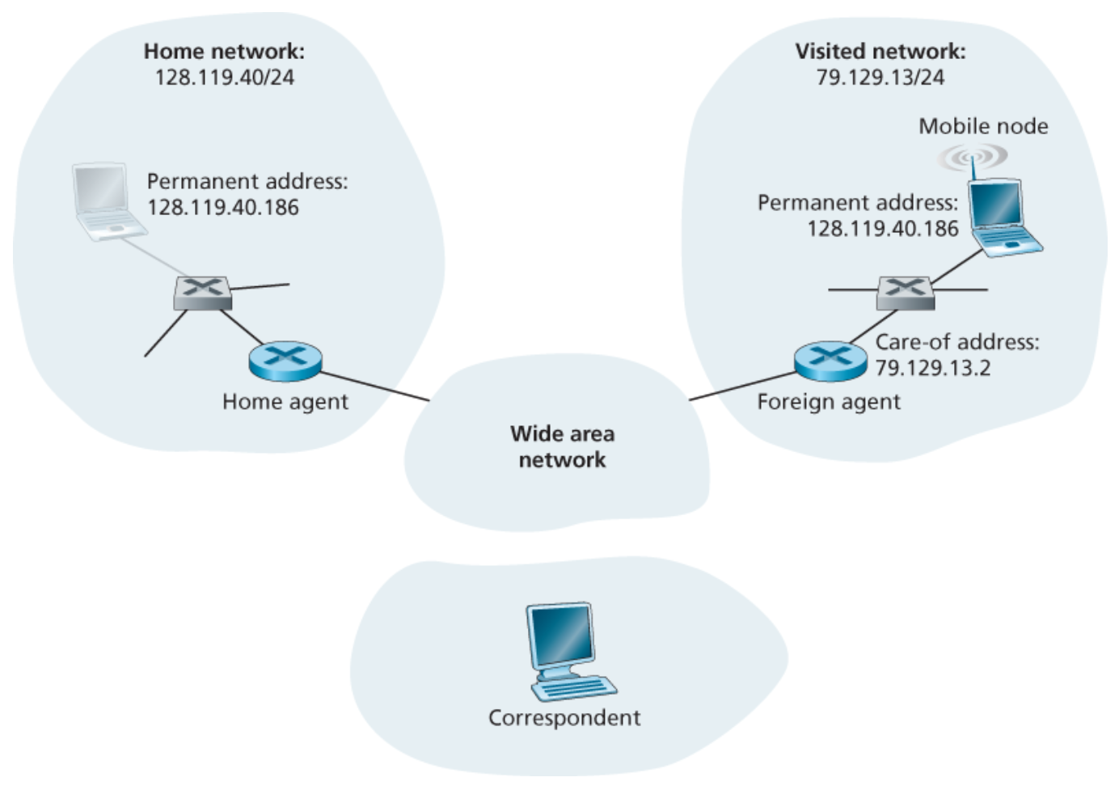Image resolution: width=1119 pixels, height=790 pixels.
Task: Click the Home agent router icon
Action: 285,361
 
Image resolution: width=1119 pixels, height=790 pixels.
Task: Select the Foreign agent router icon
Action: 830,361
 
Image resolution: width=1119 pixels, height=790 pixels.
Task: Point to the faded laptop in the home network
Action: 105,202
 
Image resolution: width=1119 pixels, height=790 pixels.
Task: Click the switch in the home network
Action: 203,293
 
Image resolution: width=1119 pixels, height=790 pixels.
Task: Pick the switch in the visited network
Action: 906,293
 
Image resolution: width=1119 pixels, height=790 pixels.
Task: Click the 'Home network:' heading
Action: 224,52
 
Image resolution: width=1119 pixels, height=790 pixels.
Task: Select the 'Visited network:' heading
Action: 880,52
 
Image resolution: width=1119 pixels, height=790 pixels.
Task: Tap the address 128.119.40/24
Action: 224,78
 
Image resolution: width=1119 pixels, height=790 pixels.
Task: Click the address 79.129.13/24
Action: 880,78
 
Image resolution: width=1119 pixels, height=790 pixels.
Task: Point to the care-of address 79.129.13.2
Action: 933,368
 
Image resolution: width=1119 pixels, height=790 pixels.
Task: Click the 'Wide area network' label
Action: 562,446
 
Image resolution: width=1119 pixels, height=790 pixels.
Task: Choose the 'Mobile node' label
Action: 983,126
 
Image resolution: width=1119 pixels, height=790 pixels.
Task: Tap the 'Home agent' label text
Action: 285,402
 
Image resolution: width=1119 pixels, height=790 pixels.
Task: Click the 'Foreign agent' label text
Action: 828,402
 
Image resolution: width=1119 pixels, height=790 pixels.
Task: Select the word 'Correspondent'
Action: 564,718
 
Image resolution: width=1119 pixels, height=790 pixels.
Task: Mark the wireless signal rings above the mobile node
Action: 973,156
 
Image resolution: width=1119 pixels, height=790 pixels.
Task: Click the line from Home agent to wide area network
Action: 374,386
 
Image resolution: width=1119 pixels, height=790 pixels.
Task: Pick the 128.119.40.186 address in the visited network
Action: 882,229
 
